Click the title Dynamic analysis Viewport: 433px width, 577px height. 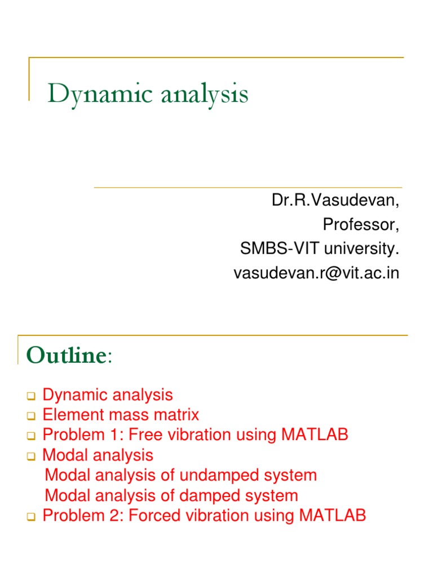(x=147, y=94)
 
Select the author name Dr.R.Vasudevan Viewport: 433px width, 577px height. (x=336, y=201)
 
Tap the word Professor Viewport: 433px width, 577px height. (x=360, y=225)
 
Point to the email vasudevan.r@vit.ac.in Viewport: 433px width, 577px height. (x=316, y=273)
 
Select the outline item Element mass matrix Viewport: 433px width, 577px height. (x=121, y=415)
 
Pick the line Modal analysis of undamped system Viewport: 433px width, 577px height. (x=180, y=476)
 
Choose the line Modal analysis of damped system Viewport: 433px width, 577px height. (x=171, y=496)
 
